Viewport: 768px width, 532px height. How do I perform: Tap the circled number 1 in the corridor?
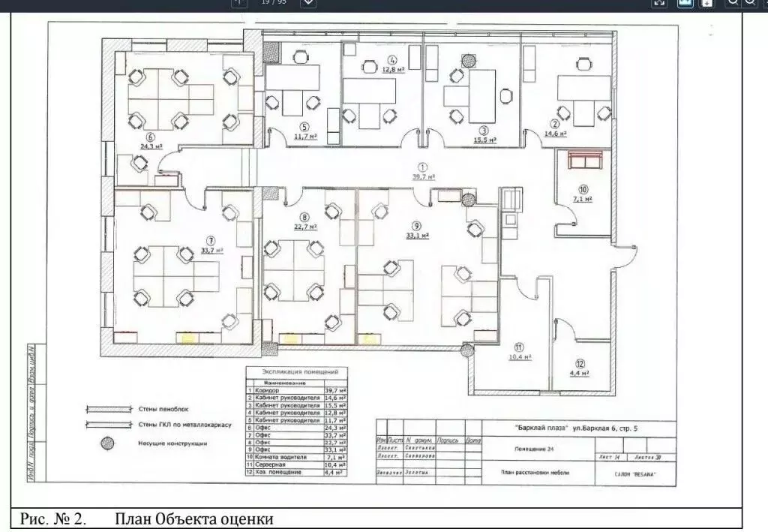click(422, 167)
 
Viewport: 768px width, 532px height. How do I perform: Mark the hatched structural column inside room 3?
click(469, 59)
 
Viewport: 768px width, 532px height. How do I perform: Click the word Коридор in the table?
click(266, 390)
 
